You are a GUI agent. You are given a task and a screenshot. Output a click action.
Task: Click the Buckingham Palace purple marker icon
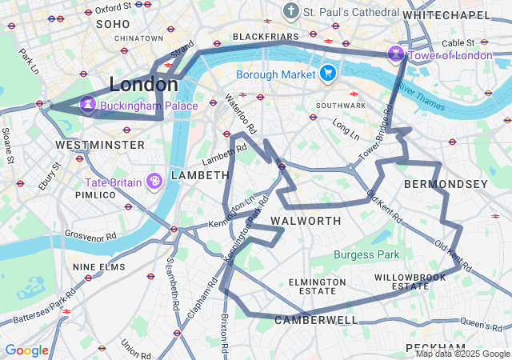tap(87, 105)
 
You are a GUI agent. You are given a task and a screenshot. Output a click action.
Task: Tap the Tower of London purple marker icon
tap(395, 54)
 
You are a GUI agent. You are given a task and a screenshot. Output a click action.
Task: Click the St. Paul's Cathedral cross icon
tap(290, 12)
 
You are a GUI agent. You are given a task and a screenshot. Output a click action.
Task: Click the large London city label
tap(144, 84)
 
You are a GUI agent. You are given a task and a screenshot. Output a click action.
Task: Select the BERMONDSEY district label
tap(446, 185)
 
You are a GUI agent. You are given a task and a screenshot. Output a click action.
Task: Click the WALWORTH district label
tap(306, 220)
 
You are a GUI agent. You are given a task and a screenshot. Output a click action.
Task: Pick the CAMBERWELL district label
tap(316, 320)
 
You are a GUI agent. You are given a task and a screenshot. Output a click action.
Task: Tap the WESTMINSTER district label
tap(100, 145)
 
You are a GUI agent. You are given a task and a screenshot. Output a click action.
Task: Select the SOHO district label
tap(113, 24)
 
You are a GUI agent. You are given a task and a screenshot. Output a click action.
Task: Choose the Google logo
tap(26, 350)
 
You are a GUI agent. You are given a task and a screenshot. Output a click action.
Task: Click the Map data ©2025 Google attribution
tap(462, 354)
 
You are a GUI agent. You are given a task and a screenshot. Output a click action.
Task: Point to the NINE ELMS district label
tap(98, 266)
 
